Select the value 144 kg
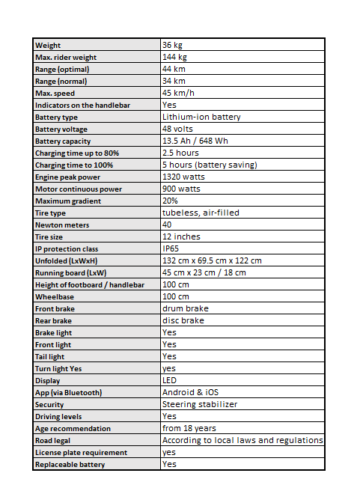tap(174, 58)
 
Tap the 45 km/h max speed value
tap(178, 94)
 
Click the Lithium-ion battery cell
tap(201, 118)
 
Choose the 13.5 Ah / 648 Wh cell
tap(197, 141)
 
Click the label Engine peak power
tap(67, 177)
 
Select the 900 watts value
tap(182, 189)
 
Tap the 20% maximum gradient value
tap(170, 201)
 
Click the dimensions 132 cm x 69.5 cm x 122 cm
tap(212, 261)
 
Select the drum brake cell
tap(185, 309)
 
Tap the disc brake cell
tap(183, 321)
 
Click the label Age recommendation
tap(73, 429)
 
